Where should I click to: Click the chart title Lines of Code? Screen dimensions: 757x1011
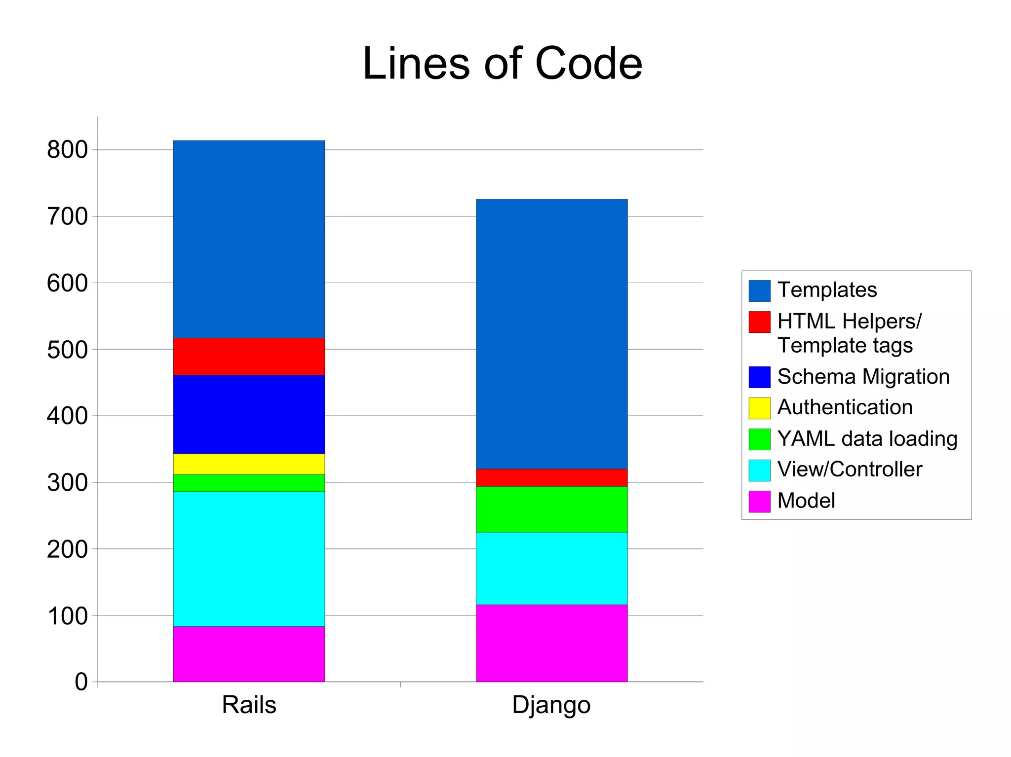click(502, 64)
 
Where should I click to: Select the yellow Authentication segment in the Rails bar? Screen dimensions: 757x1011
click(249, 464)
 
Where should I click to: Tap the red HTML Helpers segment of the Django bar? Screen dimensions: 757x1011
click(551, 477)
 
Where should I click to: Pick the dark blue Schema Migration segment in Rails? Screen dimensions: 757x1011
click(249, 414)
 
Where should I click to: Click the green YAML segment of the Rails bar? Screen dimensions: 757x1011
click(249, 483)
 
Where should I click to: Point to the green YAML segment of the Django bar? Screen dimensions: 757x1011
click(551, 509)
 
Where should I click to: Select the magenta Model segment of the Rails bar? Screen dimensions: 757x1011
click(249, 654)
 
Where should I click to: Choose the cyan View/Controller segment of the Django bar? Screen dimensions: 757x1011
click(551, 568)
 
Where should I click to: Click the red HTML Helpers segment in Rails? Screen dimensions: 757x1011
click(249, 356)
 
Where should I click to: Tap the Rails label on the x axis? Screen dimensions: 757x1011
click(249, 705)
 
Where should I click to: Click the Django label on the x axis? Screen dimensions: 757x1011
click(551, 705)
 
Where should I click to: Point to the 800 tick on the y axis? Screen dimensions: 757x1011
click(67, 150)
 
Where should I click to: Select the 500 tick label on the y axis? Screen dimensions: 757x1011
click(67, 350)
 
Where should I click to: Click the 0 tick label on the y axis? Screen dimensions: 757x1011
click(81, 682)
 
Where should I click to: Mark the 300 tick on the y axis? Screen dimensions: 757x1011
click(67, 483)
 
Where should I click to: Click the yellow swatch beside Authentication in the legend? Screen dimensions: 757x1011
click(759, 408)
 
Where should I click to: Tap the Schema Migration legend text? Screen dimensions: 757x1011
click(863, 377)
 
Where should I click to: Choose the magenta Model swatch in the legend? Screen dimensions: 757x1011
click(759, 501)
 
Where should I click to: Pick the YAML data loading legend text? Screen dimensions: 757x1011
click(867, 439)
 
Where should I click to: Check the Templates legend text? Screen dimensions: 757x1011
click(827, 290)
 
